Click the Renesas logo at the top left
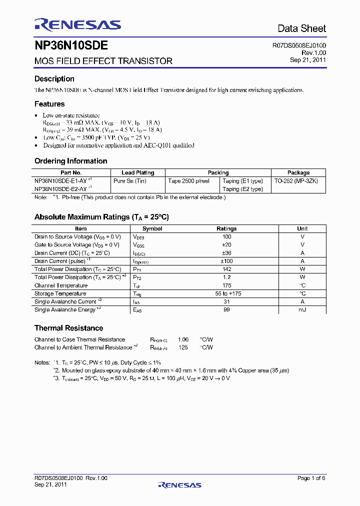click(77, 25)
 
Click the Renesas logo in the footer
click(179, 484)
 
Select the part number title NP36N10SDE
click(71, 46)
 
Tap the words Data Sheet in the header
click(301, 28)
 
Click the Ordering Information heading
click(70, 161)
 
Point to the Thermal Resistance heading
click(68, 328)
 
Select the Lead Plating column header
click(138, 172)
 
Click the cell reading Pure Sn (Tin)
click(130, 180)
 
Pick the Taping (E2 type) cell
click(242, 189)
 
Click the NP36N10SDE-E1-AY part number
click(60, 180)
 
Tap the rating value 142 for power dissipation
click(226, 269)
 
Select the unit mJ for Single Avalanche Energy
click(302, 310)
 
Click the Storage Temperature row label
click(60, 293)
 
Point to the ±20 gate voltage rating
click(226, 245)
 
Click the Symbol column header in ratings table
click(152, 228)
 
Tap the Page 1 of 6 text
click(311, 478)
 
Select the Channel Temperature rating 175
click(226, 285)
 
